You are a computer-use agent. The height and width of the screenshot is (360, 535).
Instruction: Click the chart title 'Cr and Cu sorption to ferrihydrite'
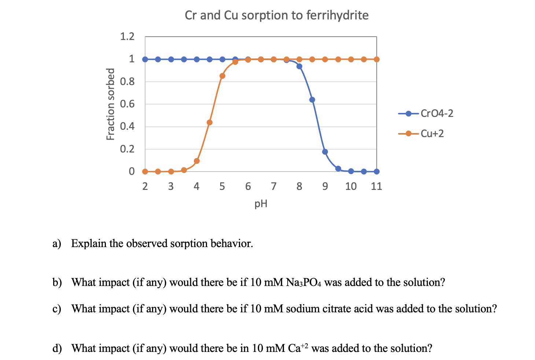[x=277, y=15]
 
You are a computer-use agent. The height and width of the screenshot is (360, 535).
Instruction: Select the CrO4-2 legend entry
[x=425, y=114]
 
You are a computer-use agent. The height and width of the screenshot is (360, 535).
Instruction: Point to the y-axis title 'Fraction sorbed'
[x=110, y=104]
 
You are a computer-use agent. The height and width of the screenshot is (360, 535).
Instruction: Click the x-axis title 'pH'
[x=261, y=203]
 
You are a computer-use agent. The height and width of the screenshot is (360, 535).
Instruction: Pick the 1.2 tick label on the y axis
[x=127, y=37]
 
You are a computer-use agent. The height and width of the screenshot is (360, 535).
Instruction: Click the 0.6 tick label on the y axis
[x=127, y=104]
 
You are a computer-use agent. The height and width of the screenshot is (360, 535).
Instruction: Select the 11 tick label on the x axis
[x=376, y=187]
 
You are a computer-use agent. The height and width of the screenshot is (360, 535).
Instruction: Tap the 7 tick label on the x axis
[x=274, y=187]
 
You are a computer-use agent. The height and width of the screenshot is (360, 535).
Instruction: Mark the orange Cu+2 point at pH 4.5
[x=210, y=122]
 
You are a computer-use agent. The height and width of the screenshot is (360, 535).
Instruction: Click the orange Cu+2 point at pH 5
[x=222, y=76]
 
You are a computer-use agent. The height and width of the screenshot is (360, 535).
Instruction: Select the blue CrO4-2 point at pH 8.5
[x=312, y=100]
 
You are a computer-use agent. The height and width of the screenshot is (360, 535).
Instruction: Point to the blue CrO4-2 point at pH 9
[x=325, y=152]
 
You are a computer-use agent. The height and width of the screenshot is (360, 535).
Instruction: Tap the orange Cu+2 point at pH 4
[x=197, y=161]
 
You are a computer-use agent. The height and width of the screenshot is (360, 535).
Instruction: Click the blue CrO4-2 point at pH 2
[x=145, y=59]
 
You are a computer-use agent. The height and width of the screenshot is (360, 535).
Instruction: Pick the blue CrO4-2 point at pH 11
[x=377, y=172]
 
